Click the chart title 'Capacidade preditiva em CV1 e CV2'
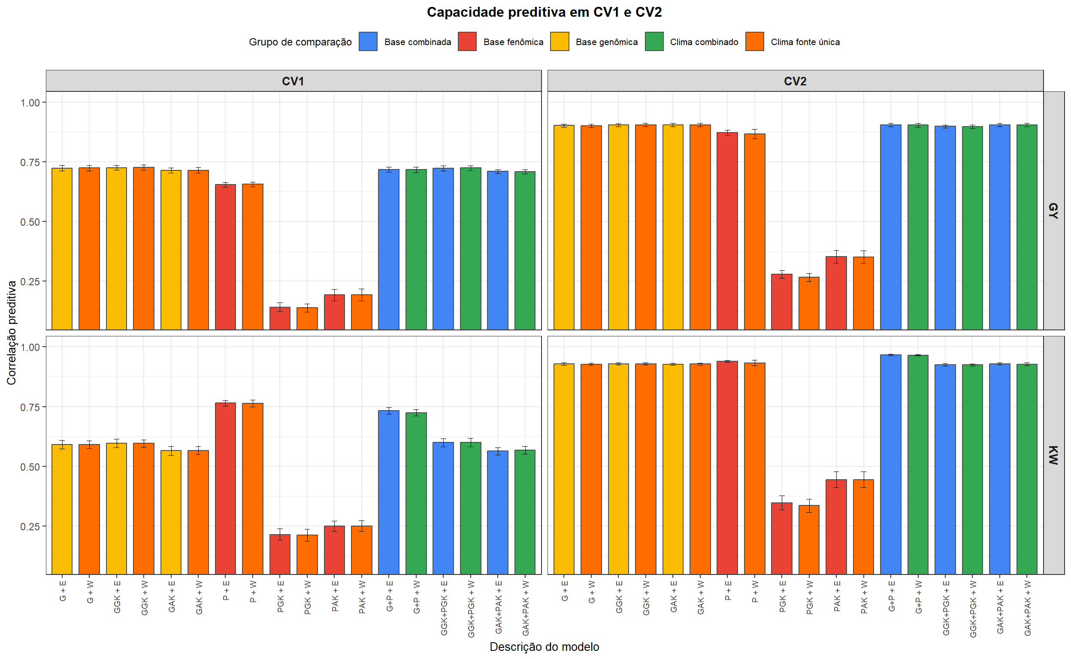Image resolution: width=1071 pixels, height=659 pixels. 544,12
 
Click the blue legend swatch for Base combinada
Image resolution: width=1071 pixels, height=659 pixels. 368,42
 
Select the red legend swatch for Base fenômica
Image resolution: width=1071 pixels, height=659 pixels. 467,42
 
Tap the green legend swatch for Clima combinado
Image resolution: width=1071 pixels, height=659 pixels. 654,42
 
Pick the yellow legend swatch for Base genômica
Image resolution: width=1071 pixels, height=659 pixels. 559,42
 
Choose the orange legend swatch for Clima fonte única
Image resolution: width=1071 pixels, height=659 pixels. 754,42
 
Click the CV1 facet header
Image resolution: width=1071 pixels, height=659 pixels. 293,81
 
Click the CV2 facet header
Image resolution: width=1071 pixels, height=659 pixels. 795,81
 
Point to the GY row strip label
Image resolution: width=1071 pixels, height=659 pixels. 1053,211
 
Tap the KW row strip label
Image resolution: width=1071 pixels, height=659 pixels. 1053,455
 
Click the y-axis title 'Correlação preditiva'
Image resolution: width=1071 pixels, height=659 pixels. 12,333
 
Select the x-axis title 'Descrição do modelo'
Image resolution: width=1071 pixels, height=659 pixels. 544,647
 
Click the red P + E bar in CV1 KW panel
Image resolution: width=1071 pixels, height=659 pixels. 225,488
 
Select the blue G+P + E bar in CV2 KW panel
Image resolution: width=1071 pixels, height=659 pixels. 890,464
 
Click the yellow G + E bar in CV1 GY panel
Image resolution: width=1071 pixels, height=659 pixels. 62,248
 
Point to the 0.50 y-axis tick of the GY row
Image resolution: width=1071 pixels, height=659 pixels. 30,222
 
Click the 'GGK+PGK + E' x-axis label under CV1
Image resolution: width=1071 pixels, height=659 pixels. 444,608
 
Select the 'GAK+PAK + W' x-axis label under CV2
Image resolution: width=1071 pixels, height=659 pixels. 1027,608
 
